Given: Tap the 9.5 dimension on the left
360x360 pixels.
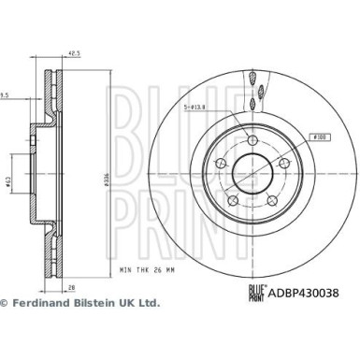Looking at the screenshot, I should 5,94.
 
